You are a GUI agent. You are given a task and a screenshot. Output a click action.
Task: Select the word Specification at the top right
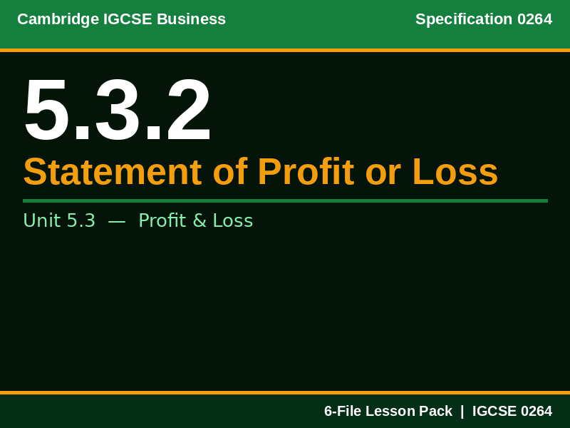(464, 19)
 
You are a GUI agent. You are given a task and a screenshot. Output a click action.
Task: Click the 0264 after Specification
(534, 19)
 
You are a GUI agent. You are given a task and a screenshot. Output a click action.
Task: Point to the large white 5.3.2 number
(118, 111)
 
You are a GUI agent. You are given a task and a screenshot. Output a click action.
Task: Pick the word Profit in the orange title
(306, 172)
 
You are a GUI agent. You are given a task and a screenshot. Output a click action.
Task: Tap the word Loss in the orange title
(455, 172)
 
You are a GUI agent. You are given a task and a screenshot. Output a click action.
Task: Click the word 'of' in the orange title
(230, 172)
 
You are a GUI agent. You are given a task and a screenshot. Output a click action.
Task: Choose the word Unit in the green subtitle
(41, 221)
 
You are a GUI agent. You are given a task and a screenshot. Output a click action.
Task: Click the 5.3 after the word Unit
(81, 221)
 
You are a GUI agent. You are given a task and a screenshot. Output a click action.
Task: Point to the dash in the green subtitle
(117, 221)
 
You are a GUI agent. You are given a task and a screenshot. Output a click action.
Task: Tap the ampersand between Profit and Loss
(194, 221)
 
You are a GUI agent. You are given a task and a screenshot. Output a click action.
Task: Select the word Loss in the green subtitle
(230, 221)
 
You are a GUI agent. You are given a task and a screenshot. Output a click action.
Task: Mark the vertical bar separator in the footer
(462, 412)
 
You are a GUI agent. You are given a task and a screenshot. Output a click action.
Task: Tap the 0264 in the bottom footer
(537, 412)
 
